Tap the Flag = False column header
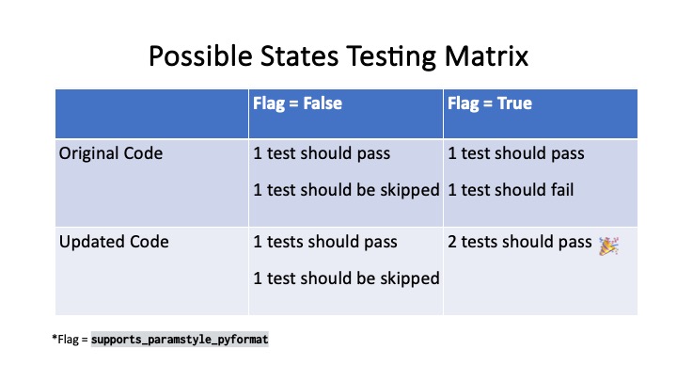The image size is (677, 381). tap(297, 103)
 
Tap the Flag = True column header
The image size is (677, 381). tap(489, 103)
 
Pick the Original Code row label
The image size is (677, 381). tap(110, 153)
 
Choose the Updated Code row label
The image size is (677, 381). tap(114, 242)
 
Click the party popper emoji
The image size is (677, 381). tap(608, 244)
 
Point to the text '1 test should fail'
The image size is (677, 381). tap(511, 190)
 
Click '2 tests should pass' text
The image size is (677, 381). tap(520, 243)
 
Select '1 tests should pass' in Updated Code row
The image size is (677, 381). tap(325, 243)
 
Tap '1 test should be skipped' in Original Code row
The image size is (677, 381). tap(346, 190)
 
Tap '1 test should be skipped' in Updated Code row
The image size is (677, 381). tap(346, 278)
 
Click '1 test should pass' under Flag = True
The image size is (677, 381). tap(516, 153)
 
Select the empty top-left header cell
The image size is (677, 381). tap(151, 113)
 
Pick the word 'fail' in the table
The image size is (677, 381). tap(560, 190)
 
